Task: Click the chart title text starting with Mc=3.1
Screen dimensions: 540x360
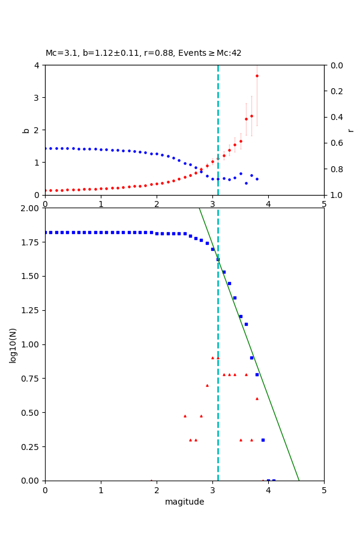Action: [x=143, y=53]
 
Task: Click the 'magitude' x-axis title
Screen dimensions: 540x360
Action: [x=184, y=502]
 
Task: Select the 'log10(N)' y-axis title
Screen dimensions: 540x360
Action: [x=13, y=344]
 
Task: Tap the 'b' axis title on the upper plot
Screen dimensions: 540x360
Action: [x=26, y=130]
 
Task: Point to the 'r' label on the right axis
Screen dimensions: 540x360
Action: [x=350, y=130]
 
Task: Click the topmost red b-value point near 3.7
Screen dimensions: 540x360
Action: [x=257, y=76]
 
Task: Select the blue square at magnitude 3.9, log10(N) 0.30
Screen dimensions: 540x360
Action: [x=263, y=440]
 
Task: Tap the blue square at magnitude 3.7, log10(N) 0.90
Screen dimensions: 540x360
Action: [x=251, y=358]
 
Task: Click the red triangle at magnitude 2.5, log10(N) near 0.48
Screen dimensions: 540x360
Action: [x=185, y=416]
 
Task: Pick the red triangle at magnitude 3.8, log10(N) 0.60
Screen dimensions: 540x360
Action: [x=257, y=398]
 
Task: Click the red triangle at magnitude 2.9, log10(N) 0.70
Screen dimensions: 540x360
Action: [x=207, y=385]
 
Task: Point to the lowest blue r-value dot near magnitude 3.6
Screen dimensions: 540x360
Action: [x=246, y=183]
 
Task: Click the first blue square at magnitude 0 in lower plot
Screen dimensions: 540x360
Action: [x=46, y=232]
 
